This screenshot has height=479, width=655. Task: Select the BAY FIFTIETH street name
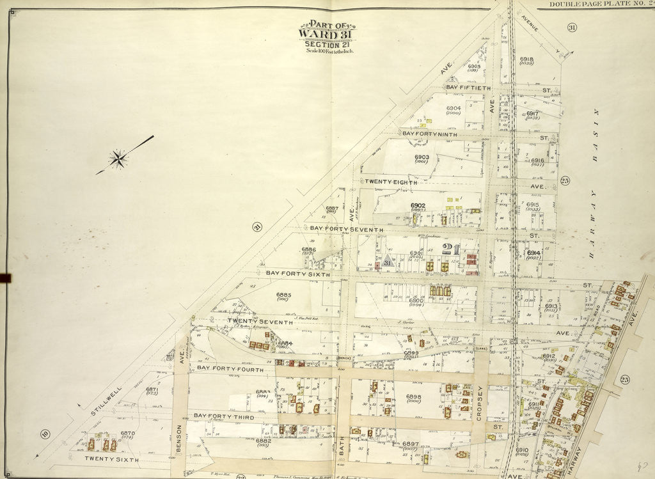(468, 87)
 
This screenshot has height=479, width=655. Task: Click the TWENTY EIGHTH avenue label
(390, 182)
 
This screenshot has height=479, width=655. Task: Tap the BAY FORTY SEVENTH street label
(346, 229)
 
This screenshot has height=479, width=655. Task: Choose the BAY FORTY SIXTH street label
(297, 274)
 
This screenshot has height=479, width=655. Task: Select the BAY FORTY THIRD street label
(224, 416)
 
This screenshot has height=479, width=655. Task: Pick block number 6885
(284, 295)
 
